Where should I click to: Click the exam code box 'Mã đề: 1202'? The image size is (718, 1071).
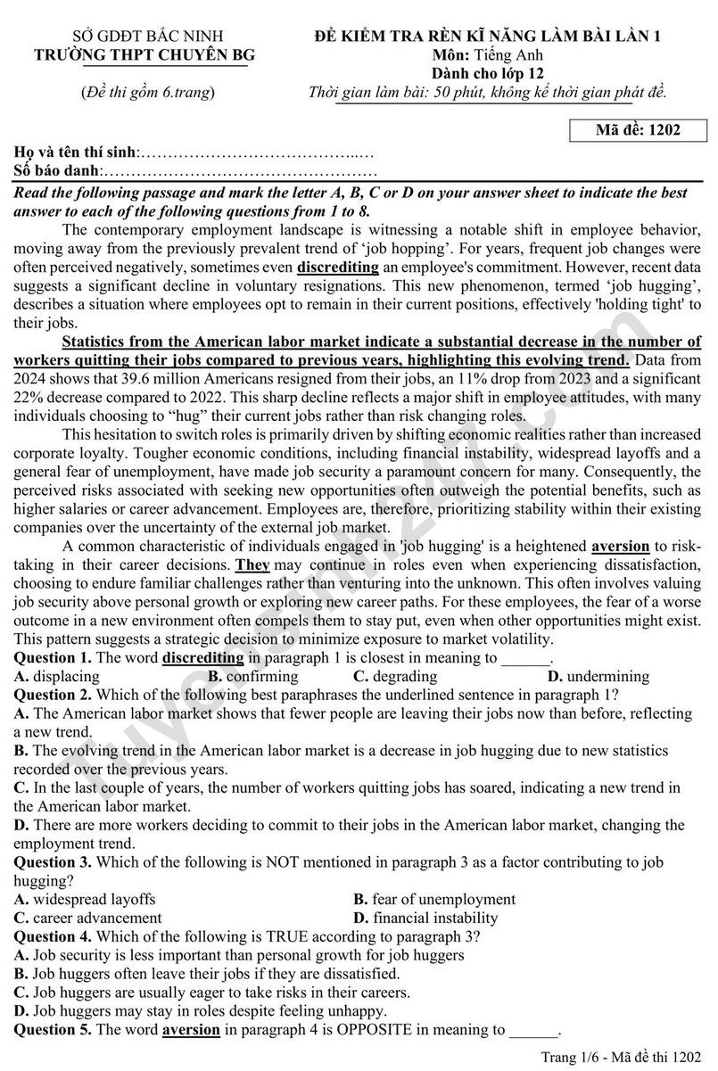(x=638, y=130)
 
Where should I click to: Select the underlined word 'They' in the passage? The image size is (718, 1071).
(x=252, y=565)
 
